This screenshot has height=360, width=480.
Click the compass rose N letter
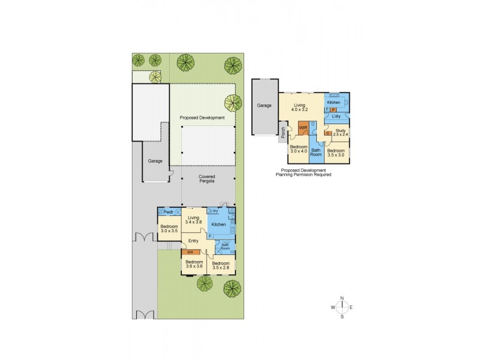tap(342, 298)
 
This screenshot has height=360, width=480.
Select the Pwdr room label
tap(168, 212)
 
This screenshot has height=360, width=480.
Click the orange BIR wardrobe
tap(191, 253)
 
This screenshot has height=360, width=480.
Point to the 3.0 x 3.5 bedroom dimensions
tap(169, 230)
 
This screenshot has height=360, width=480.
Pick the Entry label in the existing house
tap(193, 241)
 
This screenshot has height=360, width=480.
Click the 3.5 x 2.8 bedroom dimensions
tap(221, 268)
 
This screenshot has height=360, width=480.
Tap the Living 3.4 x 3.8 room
tap(193, 221)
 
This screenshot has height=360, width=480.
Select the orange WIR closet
tap(303, 128)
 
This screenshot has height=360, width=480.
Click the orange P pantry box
tap(333, 110)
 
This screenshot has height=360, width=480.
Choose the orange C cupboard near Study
tap(328, 133)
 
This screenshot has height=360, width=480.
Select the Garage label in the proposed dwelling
tap(265, 106)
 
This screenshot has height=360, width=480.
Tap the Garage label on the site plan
tap(155, 161)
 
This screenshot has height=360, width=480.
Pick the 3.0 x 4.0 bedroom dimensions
tap(298, 151)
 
